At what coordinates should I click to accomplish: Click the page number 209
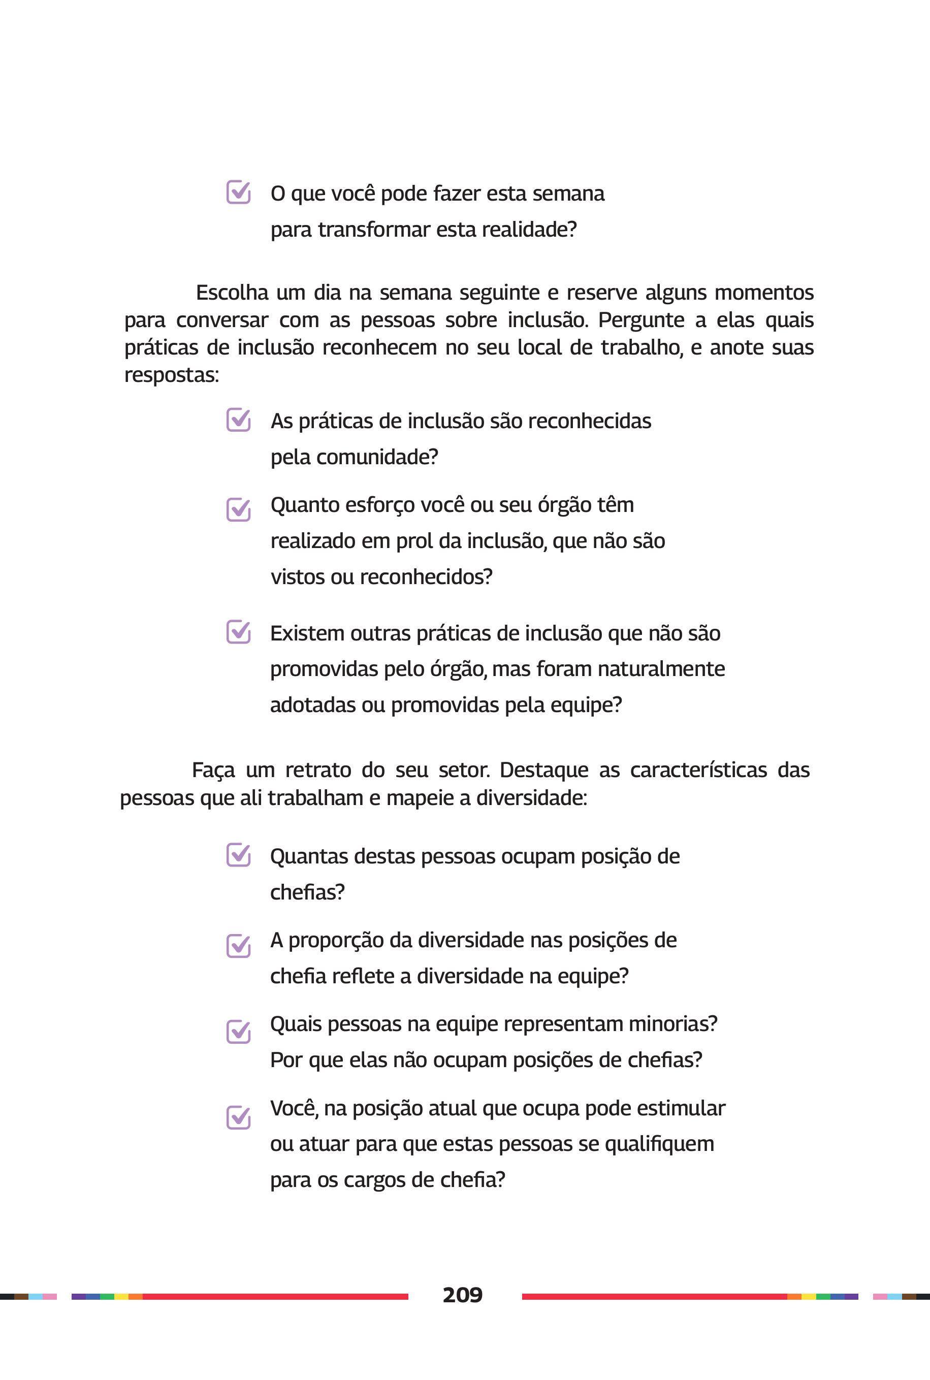point(462,1295)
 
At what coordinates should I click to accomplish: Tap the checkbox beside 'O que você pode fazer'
point(238,192)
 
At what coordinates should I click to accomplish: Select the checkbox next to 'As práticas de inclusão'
point(238,420)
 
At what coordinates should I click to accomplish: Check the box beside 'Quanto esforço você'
point(238,509)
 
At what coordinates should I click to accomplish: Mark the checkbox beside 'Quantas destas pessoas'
point(238,855)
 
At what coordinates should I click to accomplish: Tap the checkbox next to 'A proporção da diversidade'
point(238,945)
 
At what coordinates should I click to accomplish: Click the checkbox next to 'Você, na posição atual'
point(238,1117)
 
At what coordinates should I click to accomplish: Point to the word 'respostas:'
point(171,375)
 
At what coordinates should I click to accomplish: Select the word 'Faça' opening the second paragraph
point(213,771)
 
